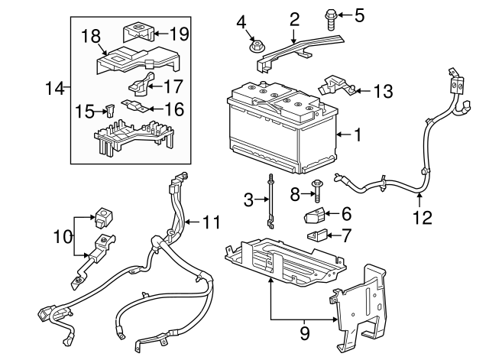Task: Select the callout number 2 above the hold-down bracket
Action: coord(294,18)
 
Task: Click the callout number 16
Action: coord(174,109)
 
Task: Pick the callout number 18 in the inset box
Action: coord(91,36)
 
